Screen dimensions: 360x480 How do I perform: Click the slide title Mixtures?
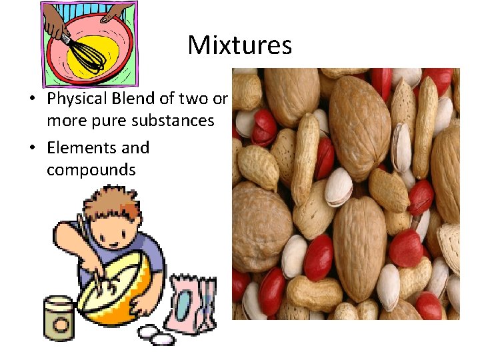tap(239, 45)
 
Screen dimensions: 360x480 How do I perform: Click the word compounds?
tap(91, 170)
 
